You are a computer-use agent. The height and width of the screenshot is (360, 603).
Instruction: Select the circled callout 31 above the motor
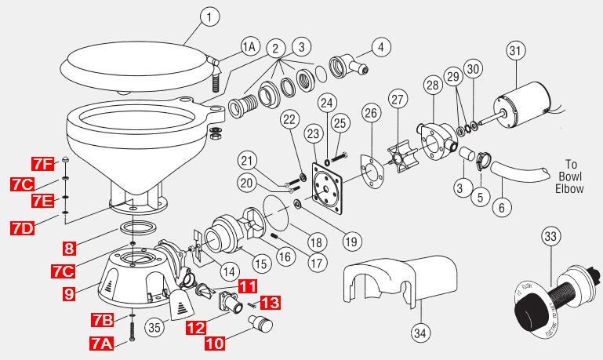514,52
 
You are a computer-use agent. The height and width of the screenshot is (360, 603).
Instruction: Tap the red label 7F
43,164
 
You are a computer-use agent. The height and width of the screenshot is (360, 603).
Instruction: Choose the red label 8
69,249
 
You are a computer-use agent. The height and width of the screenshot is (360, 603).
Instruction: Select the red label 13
268,302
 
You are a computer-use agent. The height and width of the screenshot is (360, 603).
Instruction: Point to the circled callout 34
421,333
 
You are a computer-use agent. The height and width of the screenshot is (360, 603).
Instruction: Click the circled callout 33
550,236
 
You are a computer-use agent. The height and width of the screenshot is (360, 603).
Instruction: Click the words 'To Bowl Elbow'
570,176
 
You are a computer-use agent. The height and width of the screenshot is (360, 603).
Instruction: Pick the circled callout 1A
249,47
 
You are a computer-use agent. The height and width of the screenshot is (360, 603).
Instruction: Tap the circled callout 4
380,47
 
